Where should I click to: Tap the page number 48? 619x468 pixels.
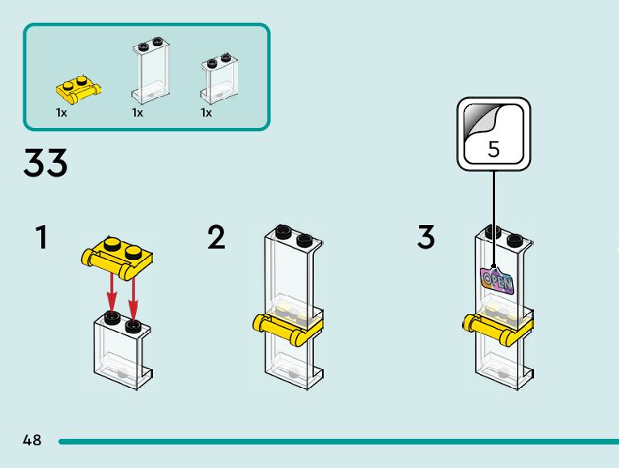tap(32, 440)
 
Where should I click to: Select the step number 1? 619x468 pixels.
tap(41, 238)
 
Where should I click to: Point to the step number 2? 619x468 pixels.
tap(216, 238)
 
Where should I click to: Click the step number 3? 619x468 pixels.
tap(426, 238)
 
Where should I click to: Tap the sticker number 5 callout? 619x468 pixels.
tap(494, 134)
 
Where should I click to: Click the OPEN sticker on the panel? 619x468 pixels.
tap(497, 280)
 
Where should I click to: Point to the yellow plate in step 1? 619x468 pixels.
tap(118, 254)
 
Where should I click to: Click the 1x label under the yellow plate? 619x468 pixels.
tap(61, 113)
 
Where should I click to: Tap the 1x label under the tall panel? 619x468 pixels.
tap(138, 113)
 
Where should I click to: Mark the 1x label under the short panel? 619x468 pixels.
tap(206, 113)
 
